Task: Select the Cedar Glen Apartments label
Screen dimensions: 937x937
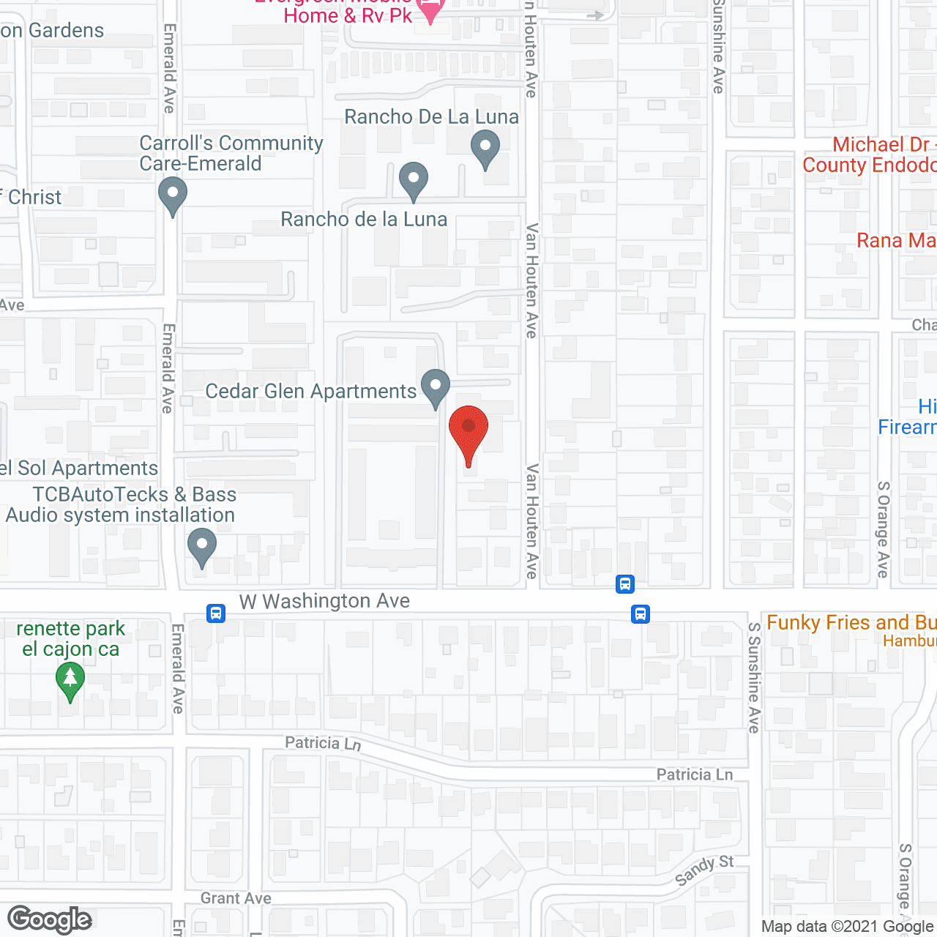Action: tap(311, 392)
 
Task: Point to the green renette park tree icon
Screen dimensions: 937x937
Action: tap(70, 679)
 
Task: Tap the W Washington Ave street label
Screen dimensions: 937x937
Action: tap(324, 601)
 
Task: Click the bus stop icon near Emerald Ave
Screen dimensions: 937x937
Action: tap(216, 613)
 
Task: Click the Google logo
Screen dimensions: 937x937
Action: tap(50, 919)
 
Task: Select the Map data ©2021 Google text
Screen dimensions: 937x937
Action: tap(847, 927)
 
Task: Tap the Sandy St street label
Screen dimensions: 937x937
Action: tap(703, 870)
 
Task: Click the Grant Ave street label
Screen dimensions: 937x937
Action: tap(236, 898)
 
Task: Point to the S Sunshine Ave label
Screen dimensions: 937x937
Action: tap(754, 677)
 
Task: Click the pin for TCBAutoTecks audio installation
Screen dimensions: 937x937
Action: tap(201, 546)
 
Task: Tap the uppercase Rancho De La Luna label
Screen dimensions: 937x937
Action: tap(431, 117)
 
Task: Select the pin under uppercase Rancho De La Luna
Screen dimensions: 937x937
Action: tap(485, 147)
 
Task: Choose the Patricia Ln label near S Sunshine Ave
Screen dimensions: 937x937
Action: tap(694, 774)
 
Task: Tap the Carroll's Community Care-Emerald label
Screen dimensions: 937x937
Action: tap(231, 153)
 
